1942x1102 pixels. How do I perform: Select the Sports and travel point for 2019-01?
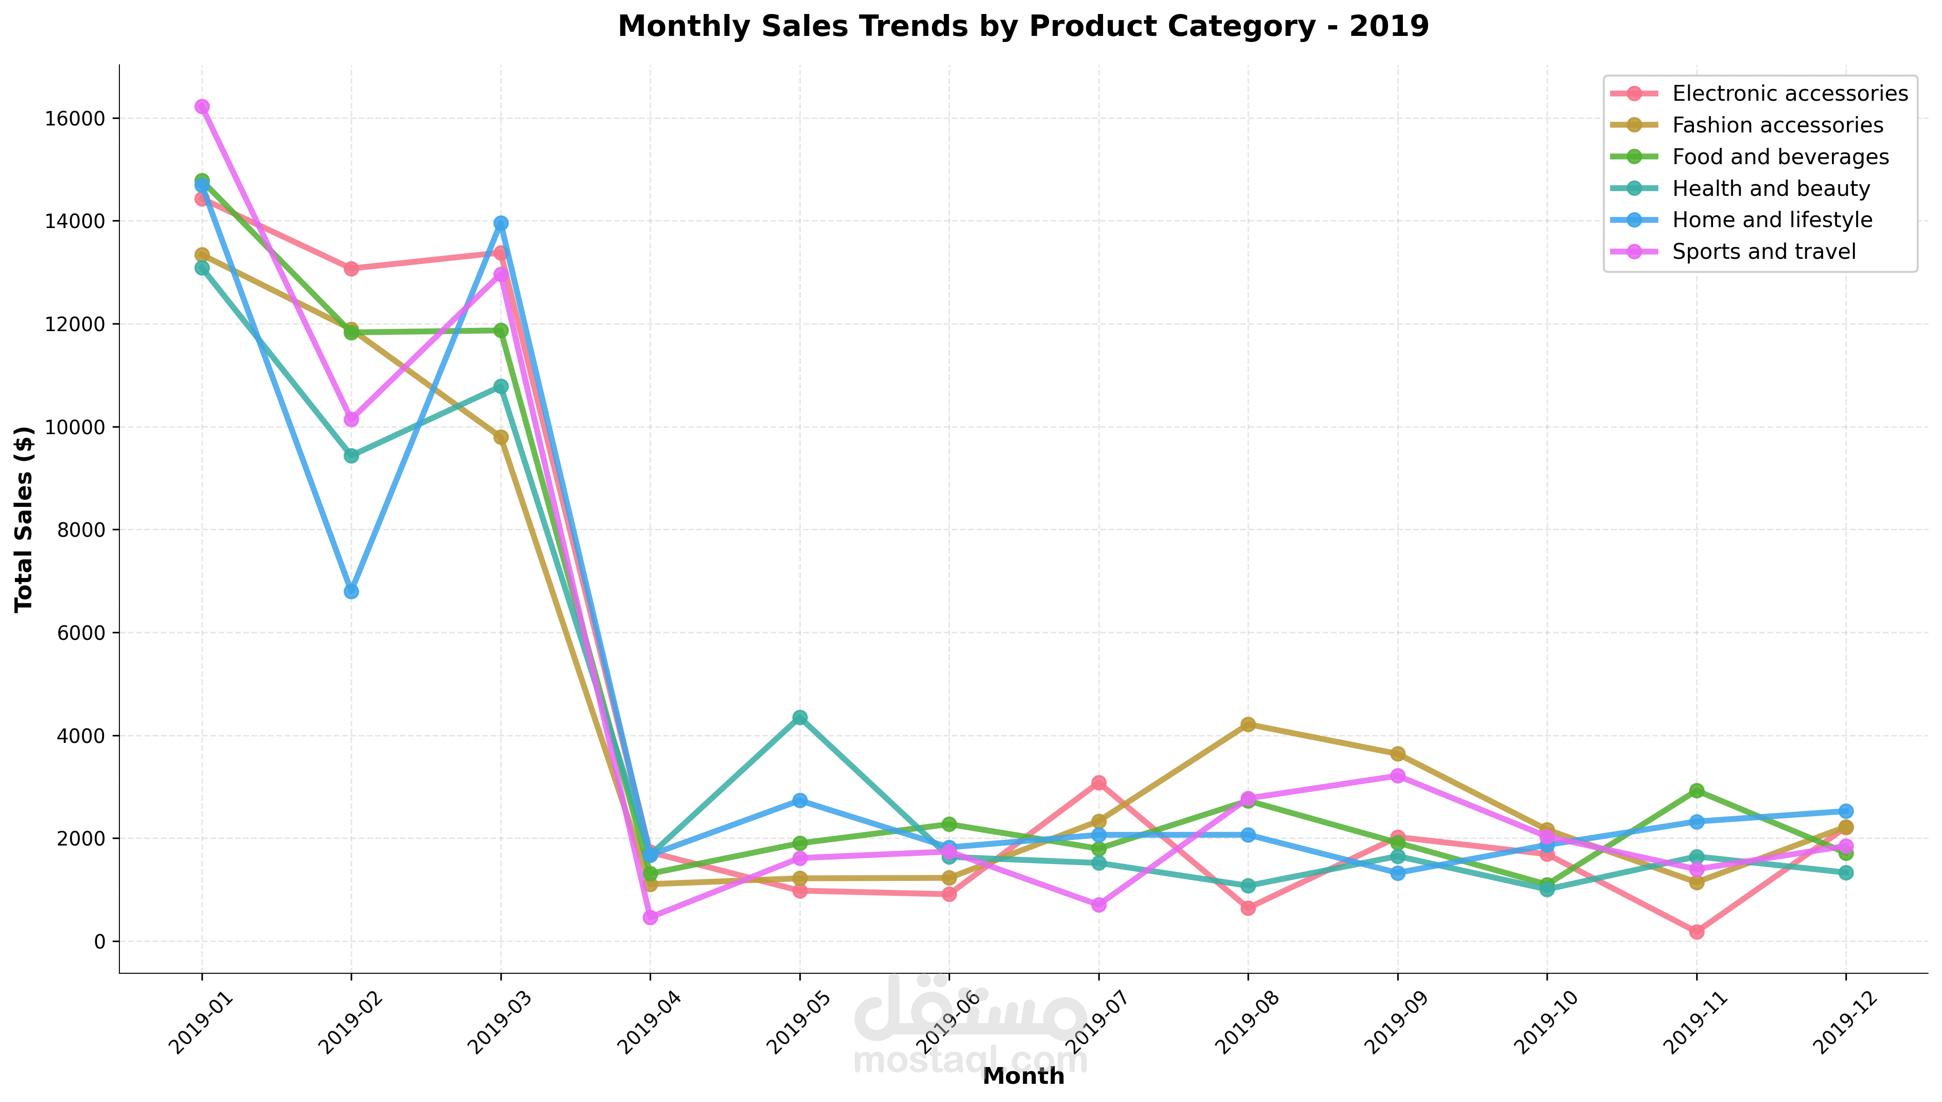(x=202, y=107)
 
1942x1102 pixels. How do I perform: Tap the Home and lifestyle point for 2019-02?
(x=351, y=591)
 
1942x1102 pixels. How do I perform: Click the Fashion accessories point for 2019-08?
(x=1248, y=724)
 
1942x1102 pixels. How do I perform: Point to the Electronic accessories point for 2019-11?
(x=1697, y=932)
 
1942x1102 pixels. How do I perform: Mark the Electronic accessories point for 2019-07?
(x=1099, y=783)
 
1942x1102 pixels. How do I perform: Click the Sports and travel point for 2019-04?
(x=650, y=917)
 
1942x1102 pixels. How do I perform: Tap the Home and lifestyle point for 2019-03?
(x=501, y=223)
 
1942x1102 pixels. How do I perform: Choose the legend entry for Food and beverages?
(x=1780, y=157)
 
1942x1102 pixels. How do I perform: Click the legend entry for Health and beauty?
(x=1771, y=188)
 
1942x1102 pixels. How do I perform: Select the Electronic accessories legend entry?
(x=1790, y=93)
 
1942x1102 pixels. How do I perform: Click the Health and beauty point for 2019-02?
(x=351, y=456)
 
